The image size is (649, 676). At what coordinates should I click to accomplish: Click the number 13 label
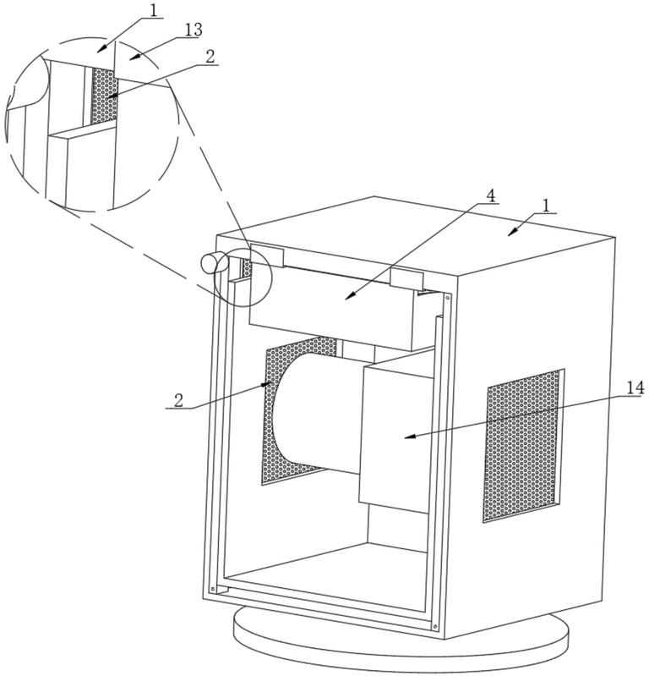[x=193, y=30]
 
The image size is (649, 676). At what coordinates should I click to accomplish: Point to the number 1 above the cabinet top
[x=546, y=206]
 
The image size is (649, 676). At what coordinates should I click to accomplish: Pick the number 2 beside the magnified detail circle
[x=210, y=56]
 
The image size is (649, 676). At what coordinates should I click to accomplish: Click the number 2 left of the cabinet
[x=178, y=400]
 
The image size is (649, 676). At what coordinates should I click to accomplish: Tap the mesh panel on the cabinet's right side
[x=523, y=444]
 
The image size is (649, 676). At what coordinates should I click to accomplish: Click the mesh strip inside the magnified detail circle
[x=103, y=97]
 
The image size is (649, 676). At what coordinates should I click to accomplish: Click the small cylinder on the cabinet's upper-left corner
[x=213, y=263]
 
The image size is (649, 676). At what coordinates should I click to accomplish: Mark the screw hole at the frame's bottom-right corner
[x=434, y=626]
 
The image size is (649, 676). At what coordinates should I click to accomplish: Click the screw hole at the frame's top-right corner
[x=447, y=296]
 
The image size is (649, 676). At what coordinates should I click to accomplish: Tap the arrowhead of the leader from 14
[x=407, y=437]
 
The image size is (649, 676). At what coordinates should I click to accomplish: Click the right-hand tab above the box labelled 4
[x=405, y=279]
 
